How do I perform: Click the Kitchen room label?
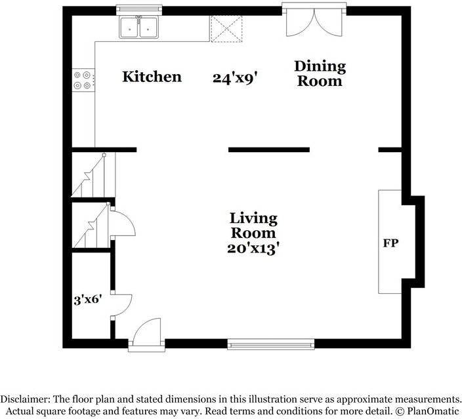pyautogui.click(x=152, y=77)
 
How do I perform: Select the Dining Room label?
pyautogui.click(x=320, y=73)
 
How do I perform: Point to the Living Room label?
pyautogui.click(x=253, y=226)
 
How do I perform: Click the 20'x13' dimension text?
pyautogui.click(x=253, y=249)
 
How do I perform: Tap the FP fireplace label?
pyautogui.click(x=390, y=243)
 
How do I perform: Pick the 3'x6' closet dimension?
pyautogui.click(x=88, y=300)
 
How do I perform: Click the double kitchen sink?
pyautogui.click(x=138, y=27)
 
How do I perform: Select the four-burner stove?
pyautogui.click(x=84, y=80)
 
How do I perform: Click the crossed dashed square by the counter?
pyautogui.click(x=226, y=29)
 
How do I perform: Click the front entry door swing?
pyautogui.click(x=146, y=332)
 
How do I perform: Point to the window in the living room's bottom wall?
pyautogui.click(x=270, y=344)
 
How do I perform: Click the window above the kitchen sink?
pyautogui.click(x=139, y=9)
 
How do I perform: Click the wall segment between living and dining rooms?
pyautogui.click(x=269, y=150)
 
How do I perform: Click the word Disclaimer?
pyautogui.click(x=24, y=399)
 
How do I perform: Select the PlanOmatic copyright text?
pyautogui.click(x=427, y=411)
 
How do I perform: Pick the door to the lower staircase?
pyautogui.click(x=123, y=222)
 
